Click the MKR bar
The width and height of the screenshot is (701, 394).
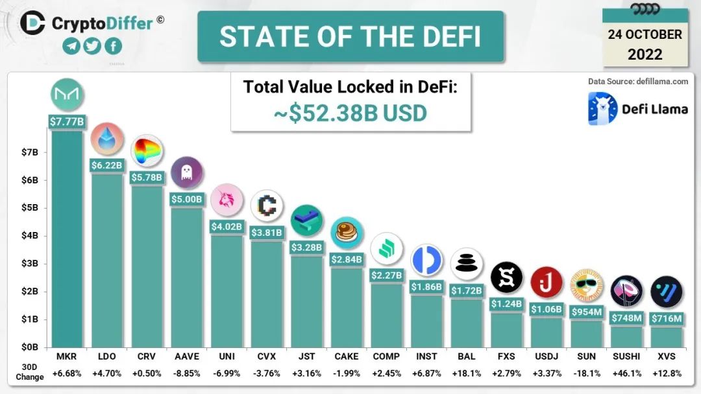67,240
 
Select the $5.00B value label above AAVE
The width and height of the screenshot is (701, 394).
187,199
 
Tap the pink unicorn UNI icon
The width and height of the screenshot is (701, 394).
227,200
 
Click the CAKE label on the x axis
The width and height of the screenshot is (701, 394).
346,356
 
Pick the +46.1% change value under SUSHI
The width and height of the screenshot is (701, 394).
626,374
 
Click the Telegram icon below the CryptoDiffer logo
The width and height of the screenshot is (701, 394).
72,46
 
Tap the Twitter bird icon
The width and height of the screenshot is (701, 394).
93,46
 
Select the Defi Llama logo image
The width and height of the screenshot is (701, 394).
602,108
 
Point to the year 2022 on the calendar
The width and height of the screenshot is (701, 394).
645,54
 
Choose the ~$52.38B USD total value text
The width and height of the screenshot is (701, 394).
350,113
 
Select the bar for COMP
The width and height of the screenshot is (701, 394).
386,314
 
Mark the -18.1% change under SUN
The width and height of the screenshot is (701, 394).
585,374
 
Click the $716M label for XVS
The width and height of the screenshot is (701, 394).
666,319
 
